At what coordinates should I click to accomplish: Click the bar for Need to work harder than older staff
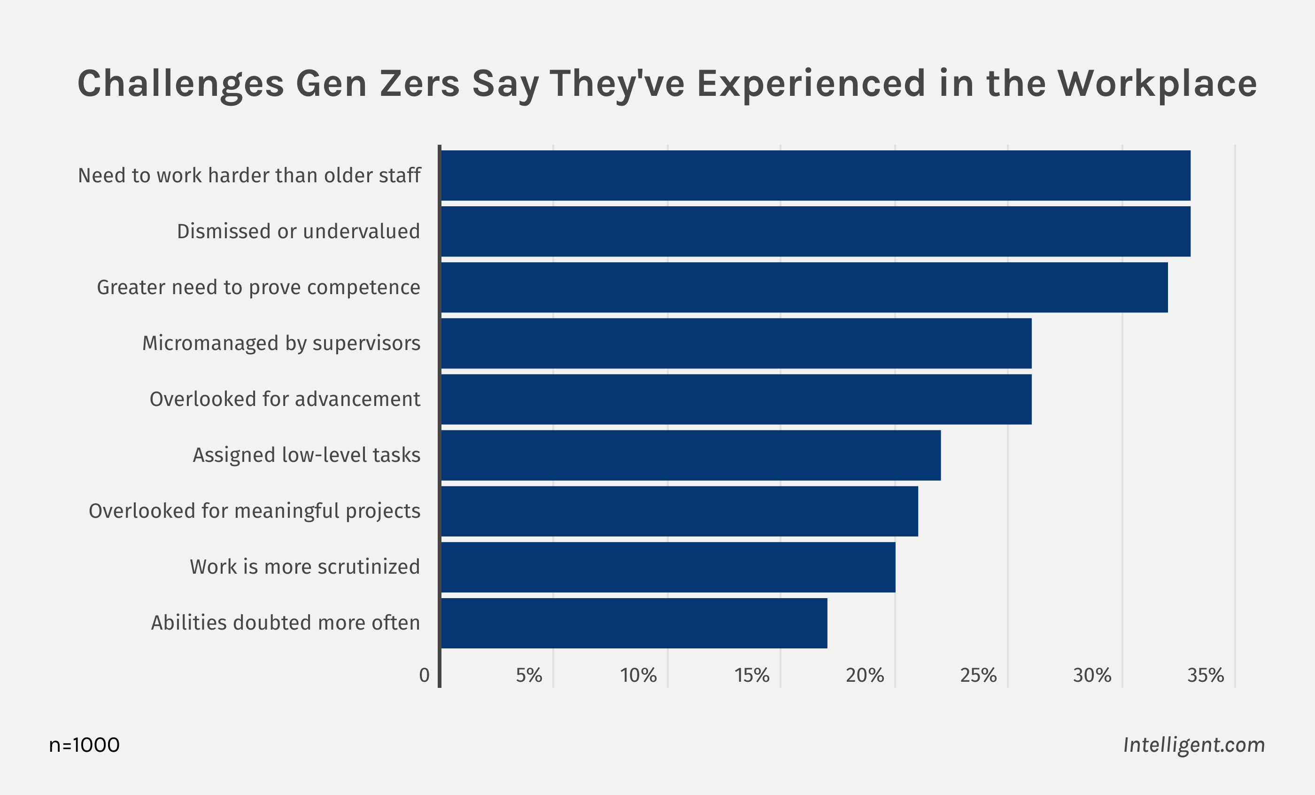coord(815,176)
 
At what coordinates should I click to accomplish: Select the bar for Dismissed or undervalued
coord(815,232)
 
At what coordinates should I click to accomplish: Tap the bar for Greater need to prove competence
coord(804,287)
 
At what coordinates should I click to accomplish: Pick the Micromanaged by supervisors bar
coord(736,343)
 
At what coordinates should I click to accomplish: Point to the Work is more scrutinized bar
coord(668,567)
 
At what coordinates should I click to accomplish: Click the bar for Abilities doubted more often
coord(634,623)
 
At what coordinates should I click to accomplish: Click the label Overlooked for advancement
coord(285,399)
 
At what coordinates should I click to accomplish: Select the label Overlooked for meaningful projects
coord(254,511)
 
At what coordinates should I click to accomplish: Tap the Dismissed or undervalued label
coord(298,232)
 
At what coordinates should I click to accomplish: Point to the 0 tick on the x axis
coord(424,675)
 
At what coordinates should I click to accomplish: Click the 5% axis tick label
coord(529,675)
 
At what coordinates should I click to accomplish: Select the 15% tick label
coord(752,675)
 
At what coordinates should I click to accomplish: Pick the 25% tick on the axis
coord(978,675)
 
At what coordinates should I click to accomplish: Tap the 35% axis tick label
coord(1206,675)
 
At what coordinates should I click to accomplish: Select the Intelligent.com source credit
coord(1194,745)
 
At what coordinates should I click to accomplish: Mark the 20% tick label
coord(865,675)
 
